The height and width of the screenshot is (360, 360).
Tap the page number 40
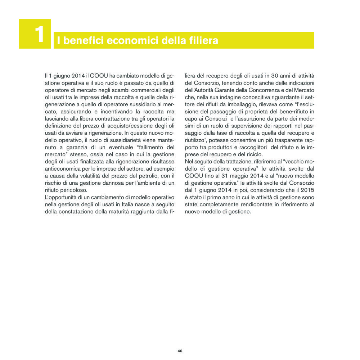coord(180,351)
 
